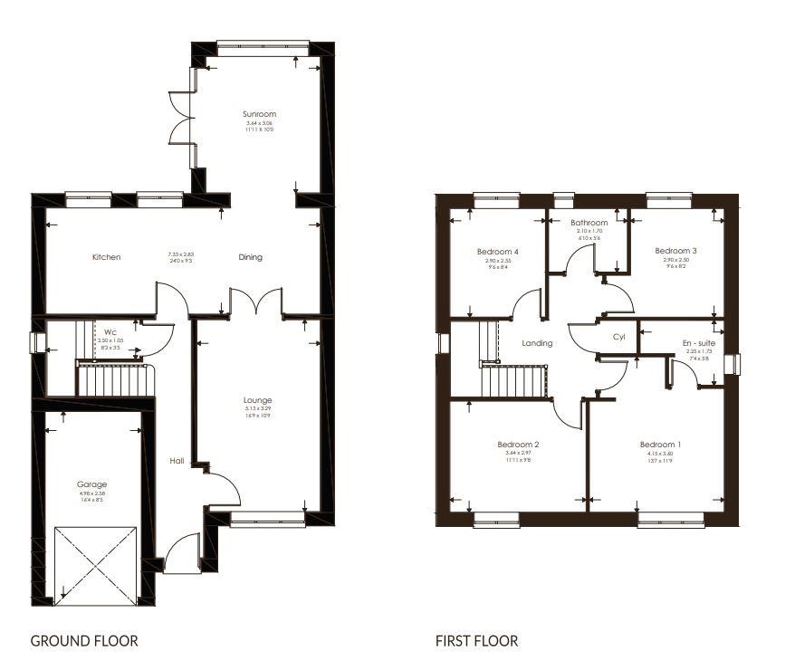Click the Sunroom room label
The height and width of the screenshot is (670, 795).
(258, 114)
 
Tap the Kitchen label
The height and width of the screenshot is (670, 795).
(106, 257)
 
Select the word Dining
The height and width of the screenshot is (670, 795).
(251, 257)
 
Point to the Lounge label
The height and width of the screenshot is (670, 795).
(257, 400)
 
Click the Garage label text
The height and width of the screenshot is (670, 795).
(91, 484)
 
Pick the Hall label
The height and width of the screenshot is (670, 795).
(177, 461)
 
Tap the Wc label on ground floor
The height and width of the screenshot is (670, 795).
(110, 331)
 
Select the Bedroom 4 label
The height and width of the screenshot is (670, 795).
(497, 251)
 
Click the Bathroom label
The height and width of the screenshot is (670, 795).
(588, 222)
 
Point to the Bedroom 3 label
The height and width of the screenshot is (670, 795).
(675, 251)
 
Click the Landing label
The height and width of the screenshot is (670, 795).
(537, 343)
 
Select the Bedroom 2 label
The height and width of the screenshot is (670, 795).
(518, 445)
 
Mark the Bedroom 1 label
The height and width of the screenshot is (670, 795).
(660, 445)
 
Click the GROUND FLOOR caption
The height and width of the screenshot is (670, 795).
(84, 641)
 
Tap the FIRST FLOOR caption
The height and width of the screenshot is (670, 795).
(476, 641)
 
